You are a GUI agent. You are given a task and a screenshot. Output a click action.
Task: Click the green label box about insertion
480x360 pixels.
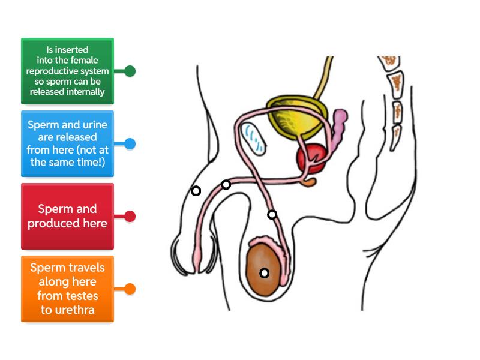(67, 71)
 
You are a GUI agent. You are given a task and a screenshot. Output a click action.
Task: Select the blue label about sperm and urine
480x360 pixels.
(67, 143)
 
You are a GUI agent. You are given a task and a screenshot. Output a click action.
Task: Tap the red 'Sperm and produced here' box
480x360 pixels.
(67, 216)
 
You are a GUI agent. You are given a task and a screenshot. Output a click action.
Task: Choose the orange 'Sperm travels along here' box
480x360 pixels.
(67, 289)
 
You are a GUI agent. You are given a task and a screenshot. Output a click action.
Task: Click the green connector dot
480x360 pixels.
(130, 71)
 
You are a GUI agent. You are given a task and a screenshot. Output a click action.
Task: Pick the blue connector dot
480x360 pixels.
(130, 143)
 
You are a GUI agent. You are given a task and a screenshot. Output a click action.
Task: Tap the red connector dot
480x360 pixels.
(130, 216)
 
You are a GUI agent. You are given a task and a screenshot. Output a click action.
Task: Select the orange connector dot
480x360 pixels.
(130, 289)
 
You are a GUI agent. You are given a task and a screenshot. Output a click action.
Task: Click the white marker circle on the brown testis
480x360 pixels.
(264, 273)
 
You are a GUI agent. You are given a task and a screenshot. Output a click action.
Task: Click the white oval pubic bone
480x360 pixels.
(253, 139)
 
